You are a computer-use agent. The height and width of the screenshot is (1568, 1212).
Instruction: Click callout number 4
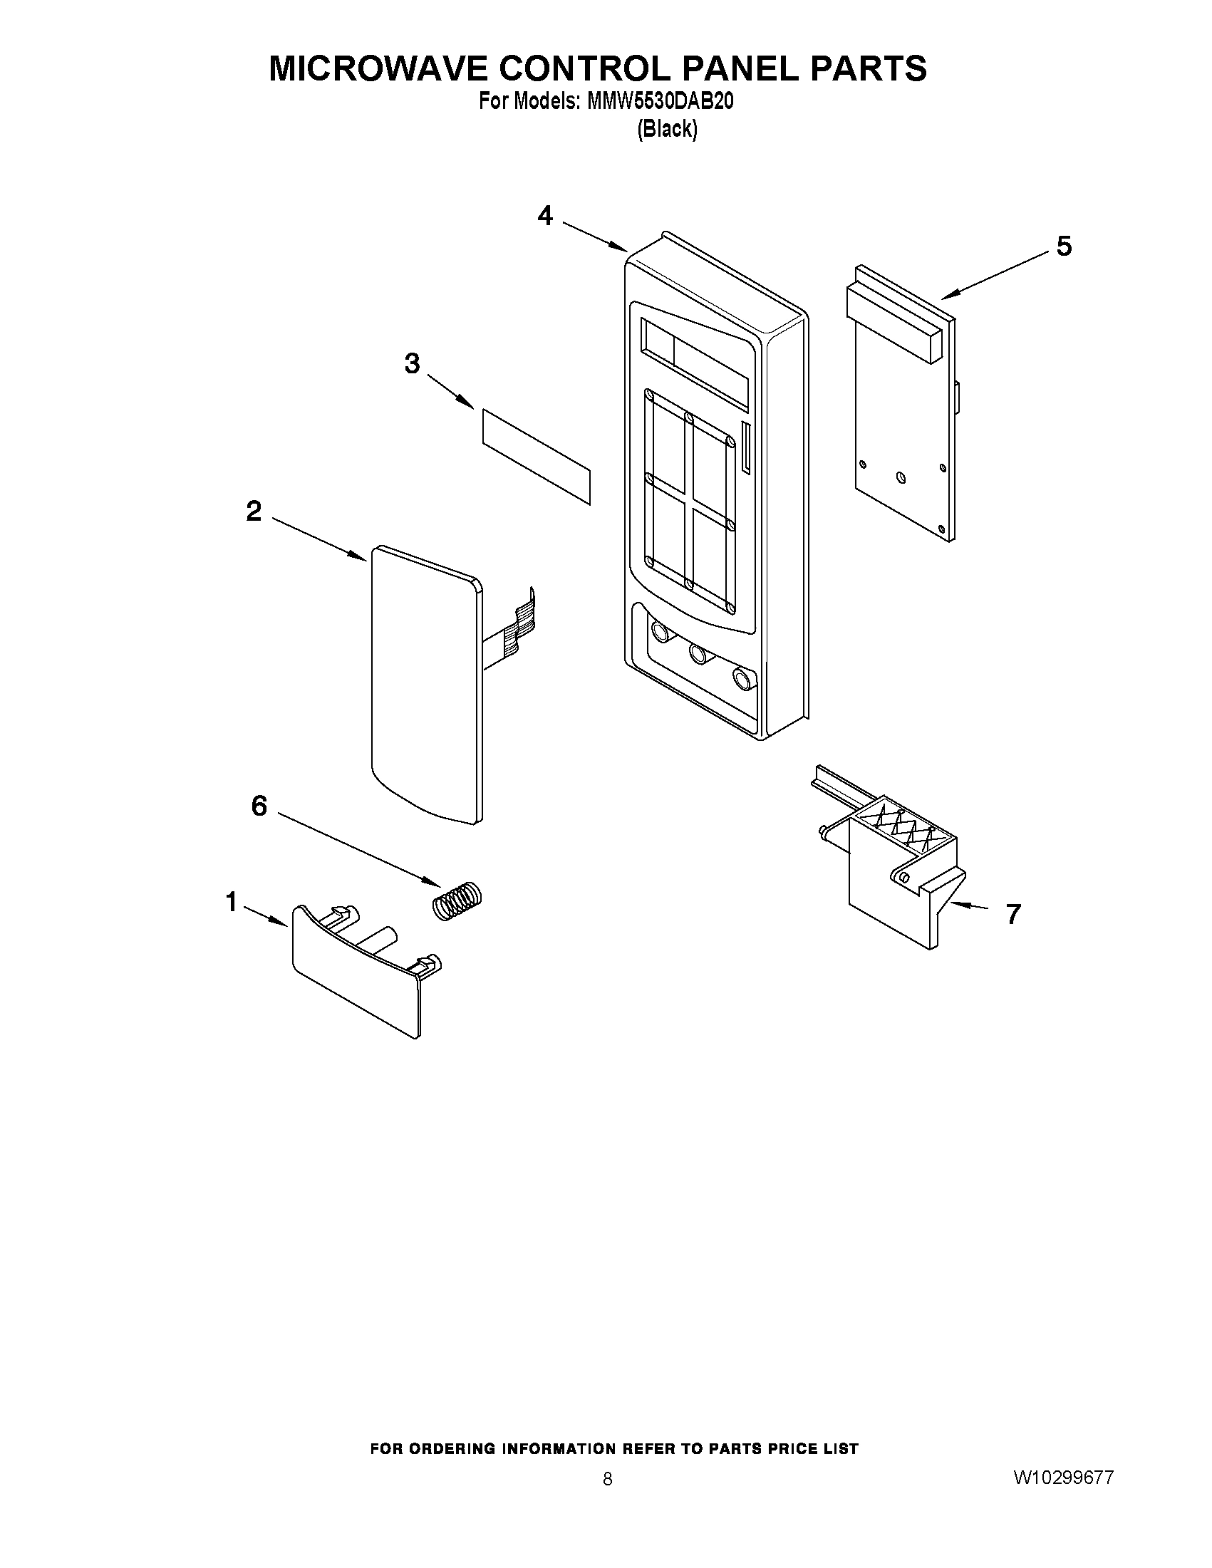coord(546,215)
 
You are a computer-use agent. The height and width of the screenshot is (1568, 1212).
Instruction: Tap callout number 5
coord(1064,246)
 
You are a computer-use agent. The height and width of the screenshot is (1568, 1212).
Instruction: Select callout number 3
coord(412,363)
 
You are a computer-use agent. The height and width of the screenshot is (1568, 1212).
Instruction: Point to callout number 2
coord(254,512)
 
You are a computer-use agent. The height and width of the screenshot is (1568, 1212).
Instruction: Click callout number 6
coord(259,806)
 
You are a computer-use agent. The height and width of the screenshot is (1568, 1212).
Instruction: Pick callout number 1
coord(231,902)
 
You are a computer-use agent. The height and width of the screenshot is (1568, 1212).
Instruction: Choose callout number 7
coord(1013,914)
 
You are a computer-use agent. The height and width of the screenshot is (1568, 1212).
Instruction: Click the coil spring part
coord(457,900)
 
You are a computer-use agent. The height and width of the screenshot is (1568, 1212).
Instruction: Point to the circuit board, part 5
coord(901,431)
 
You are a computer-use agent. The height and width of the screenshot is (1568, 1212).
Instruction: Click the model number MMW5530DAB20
coord(660,103)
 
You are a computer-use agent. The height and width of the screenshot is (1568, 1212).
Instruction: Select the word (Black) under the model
coord(667,129)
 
